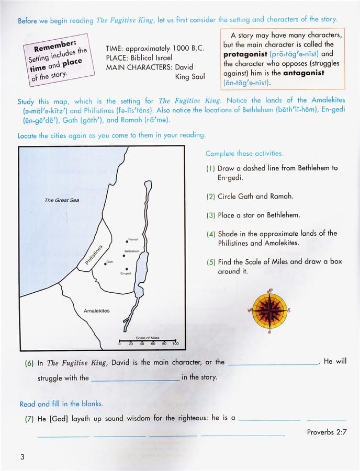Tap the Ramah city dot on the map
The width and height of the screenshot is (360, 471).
click(x=128, y=241)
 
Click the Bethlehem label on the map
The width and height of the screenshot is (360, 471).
click(x=132, y=251)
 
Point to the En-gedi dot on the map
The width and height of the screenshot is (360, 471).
click(x=126, y=268)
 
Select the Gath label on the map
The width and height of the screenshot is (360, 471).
click(x=110, y=261)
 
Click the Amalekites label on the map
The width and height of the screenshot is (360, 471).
click(x=97, y=311)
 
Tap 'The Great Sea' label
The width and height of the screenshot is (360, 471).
click(x=61, y=200)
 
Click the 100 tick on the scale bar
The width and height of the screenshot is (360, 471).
click(x=175, y=343)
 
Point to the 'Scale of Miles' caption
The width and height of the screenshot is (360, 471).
click(x=147, y=338)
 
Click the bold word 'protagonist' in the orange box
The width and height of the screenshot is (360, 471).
click(x=245, y=54)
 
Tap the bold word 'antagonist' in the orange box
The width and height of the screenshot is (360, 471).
click(x=303, y=73)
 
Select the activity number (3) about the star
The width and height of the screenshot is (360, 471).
click(x=210, y=215)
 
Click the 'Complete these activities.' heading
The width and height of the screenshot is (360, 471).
click(x=244, y=154)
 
